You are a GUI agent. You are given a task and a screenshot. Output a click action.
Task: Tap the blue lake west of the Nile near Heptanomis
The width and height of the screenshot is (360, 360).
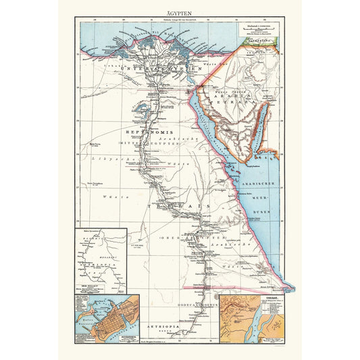click(140, 106)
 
